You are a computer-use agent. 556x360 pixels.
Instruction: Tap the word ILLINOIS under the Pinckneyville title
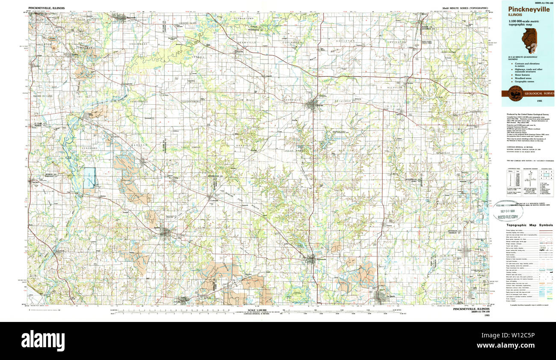[x=515, y=15]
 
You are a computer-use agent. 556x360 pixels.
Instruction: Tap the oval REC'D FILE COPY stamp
[x=506, y=210]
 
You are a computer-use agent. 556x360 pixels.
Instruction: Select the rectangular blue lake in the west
[x=89, y=178]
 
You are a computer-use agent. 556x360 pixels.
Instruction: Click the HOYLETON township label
[x=345, y=41]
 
